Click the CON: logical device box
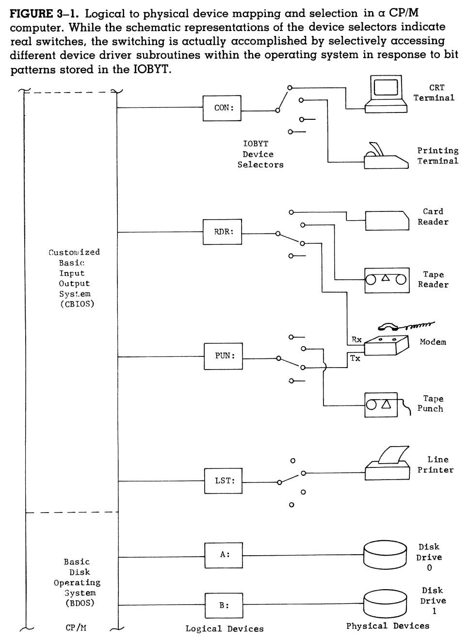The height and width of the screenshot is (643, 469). pos(222,108)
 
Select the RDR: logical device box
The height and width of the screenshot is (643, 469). pos(222,232)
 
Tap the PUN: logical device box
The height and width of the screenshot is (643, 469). pos(223,356)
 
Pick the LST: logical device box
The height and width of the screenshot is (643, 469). pos(223,481)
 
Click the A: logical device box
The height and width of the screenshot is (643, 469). pos(223,555)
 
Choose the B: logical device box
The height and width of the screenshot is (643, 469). pos(223,605)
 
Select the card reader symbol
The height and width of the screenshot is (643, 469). pos(387,221)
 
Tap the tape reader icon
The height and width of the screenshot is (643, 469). pos(386,280)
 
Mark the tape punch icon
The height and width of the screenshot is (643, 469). pos(381,405)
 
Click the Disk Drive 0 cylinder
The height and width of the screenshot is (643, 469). pos(385,555)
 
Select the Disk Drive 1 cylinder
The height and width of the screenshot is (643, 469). pos(385,604)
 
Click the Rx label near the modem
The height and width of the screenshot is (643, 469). pos(356,339)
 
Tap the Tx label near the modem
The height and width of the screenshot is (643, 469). pos(355,358)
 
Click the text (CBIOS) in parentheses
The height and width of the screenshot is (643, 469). pos(77,305)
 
